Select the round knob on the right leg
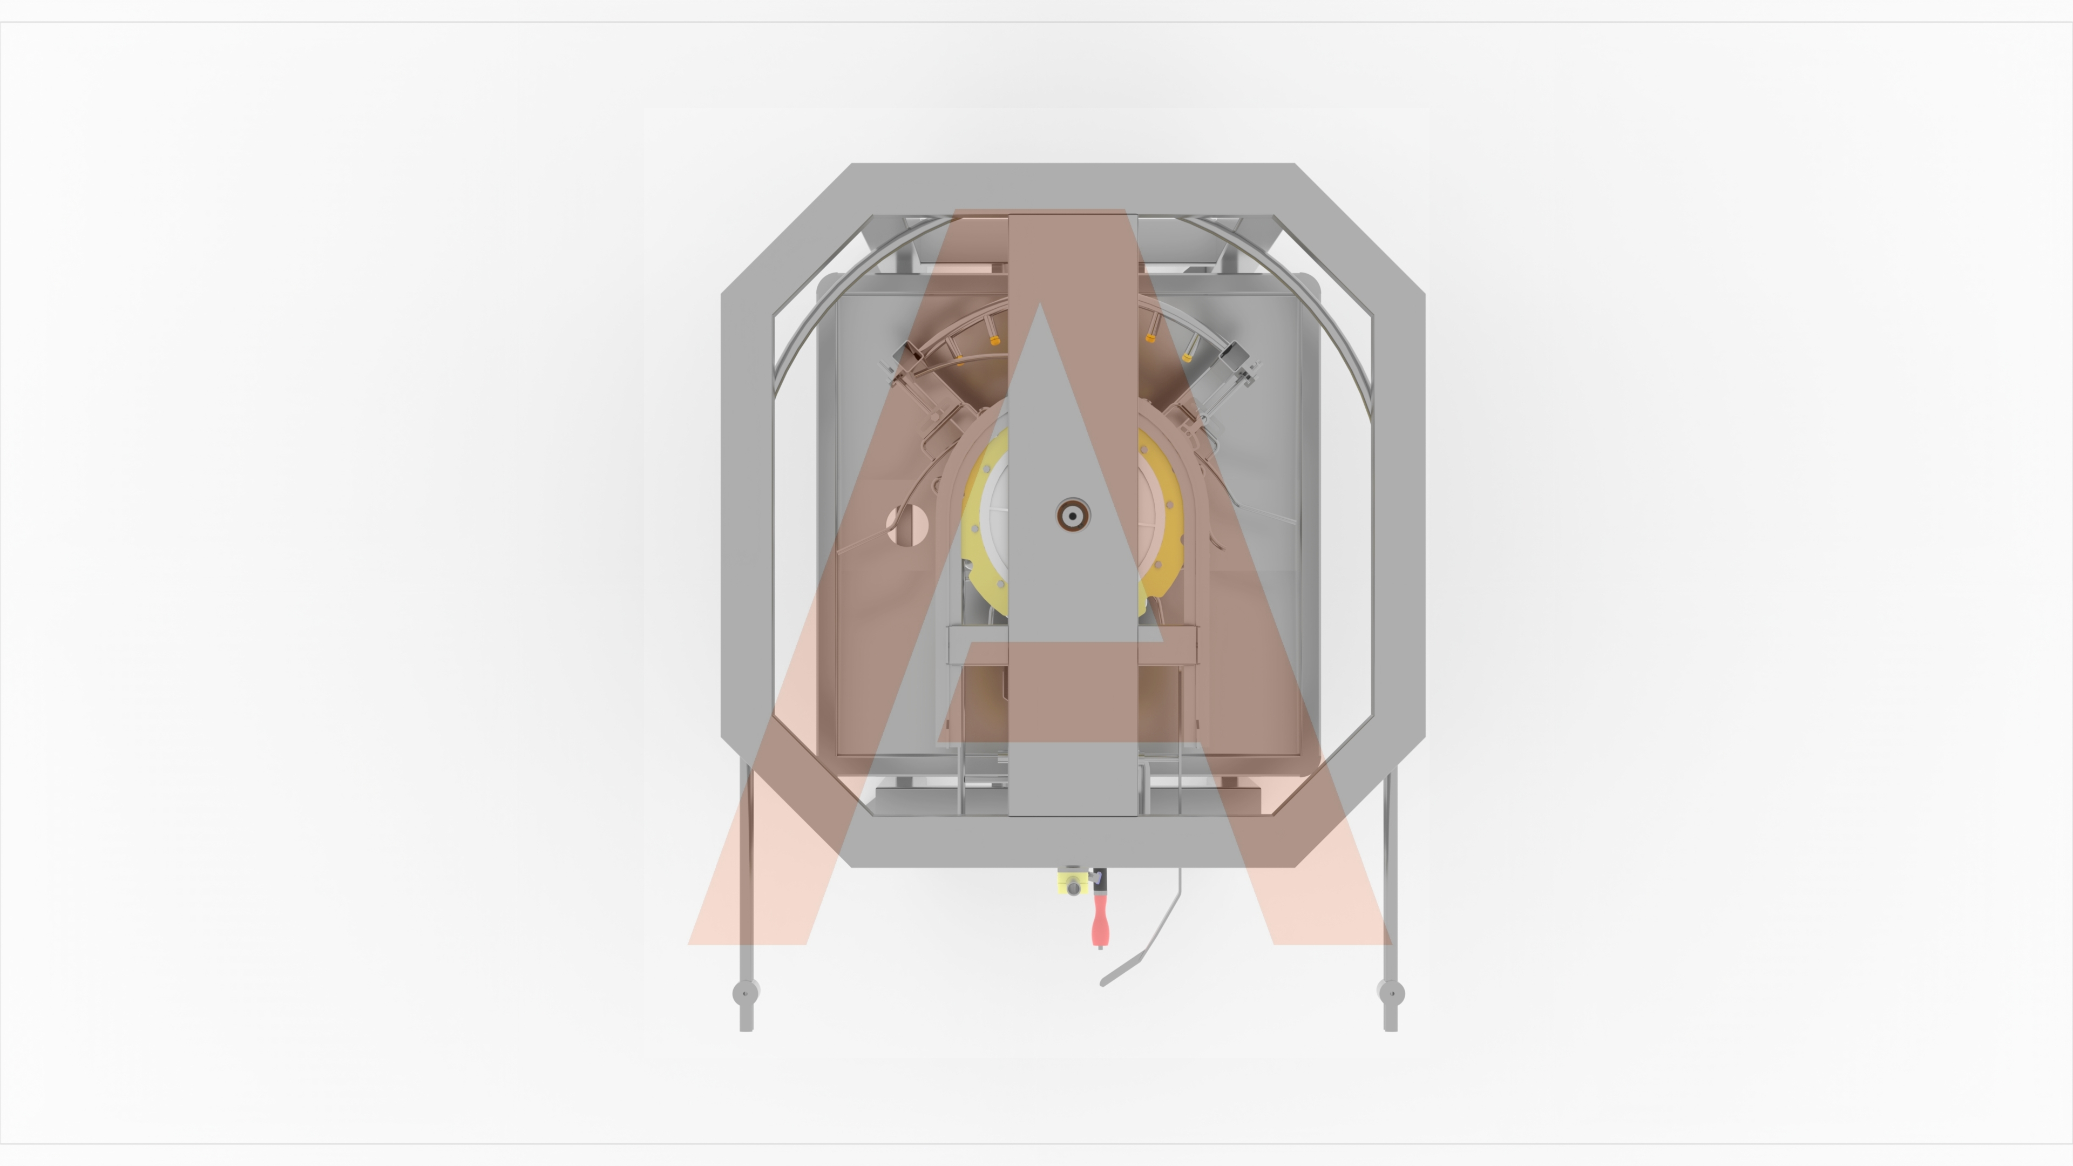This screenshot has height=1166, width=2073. tap(1391, 993)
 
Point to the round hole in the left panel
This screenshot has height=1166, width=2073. tap(907, 525)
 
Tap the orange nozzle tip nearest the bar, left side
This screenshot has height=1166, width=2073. tap(995, 341)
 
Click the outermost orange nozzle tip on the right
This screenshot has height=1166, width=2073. tap(1187, 357)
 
